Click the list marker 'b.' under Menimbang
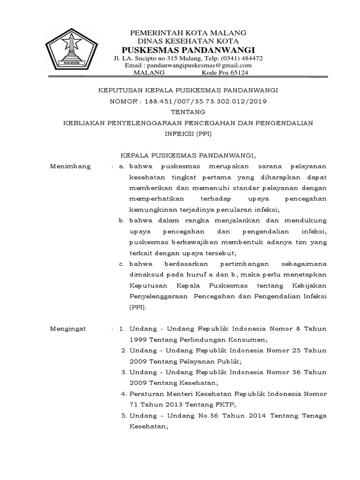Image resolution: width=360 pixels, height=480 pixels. click(x=121, y=220)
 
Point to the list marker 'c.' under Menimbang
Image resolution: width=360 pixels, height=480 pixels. click(x=121, y=264)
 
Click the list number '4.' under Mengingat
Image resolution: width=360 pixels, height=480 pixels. click(x=124, y=394)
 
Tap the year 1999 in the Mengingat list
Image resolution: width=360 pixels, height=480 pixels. click(x=138, y=339)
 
